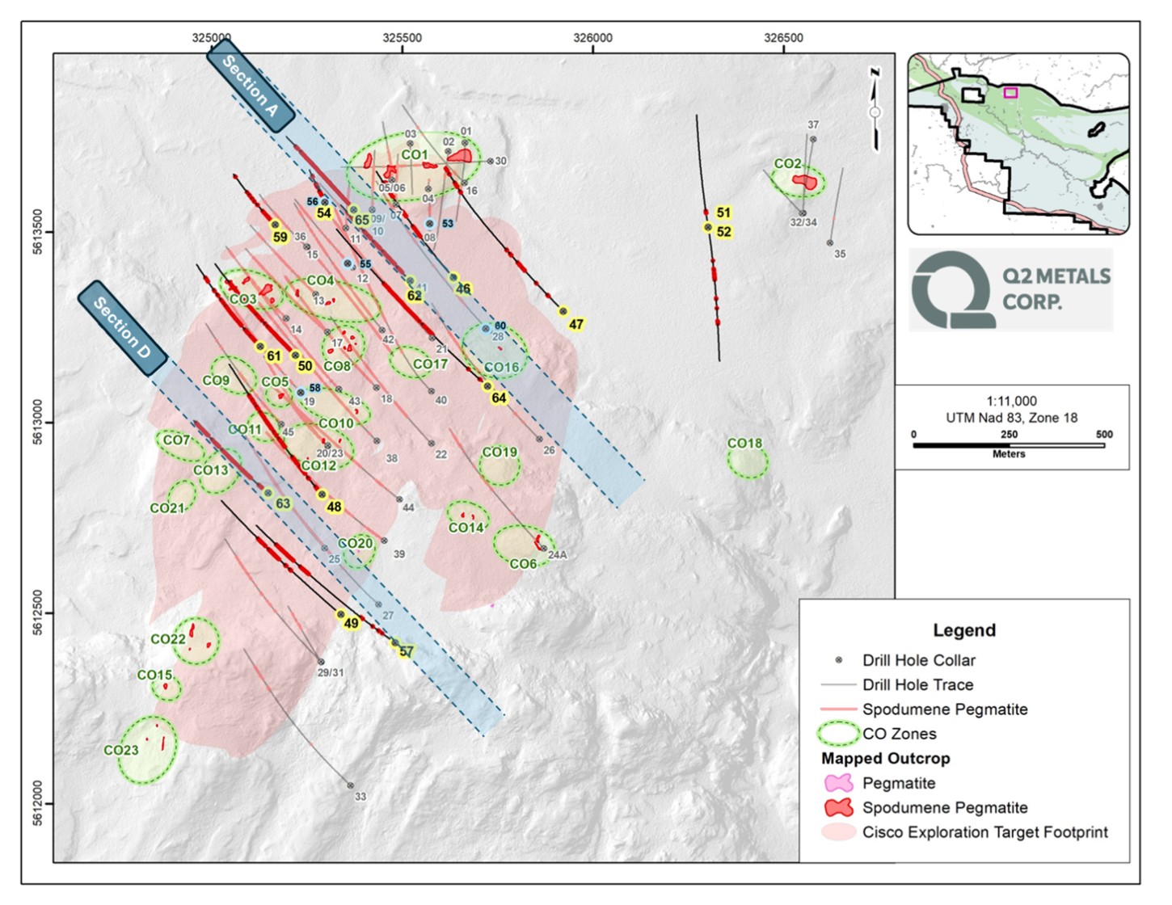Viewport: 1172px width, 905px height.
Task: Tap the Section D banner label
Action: (122, 328)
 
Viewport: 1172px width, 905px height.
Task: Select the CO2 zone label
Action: (787, 164)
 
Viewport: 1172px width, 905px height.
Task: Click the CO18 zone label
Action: (744, 444)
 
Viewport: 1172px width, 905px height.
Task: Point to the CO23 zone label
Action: (121, 750)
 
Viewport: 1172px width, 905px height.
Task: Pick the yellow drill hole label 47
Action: (575, 325)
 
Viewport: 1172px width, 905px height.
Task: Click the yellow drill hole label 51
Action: (723, 213)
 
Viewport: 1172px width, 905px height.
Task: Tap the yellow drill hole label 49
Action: (351, 623)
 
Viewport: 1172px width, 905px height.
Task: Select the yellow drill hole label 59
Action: (280, 238)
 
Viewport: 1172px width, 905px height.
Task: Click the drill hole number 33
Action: (360, 797)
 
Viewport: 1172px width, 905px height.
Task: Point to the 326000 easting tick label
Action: (592, 38)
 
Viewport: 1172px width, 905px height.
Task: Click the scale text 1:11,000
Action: (1011, 401)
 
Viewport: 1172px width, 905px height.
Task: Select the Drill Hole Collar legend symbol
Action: (838, 660)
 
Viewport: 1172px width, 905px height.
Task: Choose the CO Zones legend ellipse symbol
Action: (838, 734)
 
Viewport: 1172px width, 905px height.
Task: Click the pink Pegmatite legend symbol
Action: (838, 783)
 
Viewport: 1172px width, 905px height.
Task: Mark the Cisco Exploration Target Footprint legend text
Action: (984, 832)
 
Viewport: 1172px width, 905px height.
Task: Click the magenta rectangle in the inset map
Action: (1010, 93)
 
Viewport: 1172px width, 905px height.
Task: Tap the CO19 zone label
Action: (499, 452)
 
